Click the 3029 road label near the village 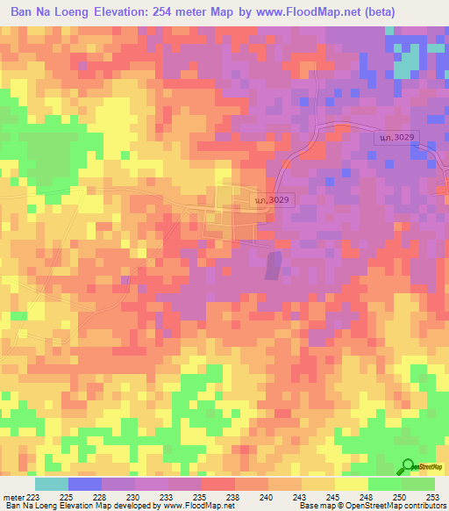(x=273, y=200)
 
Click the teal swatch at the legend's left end (x=51, y=484)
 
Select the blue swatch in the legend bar (x=84, y=484)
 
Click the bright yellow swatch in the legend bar (x=351, y=484)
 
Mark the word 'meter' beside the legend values (x=11, y=496)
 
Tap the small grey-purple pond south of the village (x=274, y=263)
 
